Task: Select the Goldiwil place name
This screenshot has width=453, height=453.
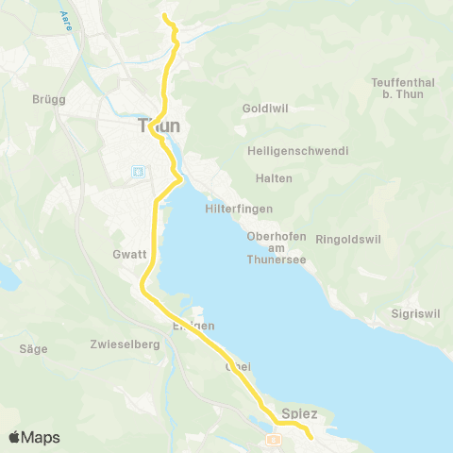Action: [263, 109]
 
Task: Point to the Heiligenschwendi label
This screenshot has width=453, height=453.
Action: [297, 151]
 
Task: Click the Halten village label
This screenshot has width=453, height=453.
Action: [274, 178]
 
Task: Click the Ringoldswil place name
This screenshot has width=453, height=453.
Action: [346, 239]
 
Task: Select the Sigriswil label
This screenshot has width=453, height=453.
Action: [415, 313]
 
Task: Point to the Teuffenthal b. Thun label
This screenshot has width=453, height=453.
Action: [403, 89]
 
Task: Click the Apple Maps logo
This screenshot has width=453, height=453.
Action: [35, 437]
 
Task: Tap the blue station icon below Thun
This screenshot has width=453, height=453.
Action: [139, 172]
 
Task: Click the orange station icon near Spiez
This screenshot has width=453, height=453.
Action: [273, 439]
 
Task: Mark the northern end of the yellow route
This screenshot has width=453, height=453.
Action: [164, 16]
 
